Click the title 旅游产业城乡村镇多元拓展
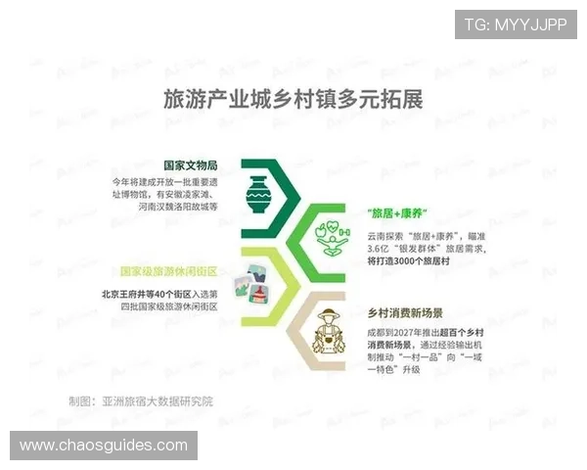coord(293,101)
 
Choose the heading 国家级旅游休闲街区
coord(168,270)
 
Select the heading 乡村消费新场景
coord(404,313)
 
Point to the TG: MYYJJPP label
coord(515,23)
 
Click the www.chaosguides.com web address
coord(104,446)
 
